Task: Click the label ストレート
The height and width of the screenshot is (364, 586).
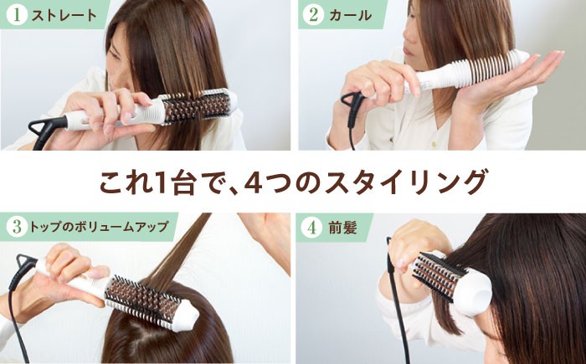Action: click(59, 15)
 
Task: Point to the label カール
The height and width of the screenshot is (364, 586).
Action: click(346, 15)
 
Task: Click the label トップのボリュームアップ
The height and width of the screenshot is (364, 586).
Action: click(100, 227)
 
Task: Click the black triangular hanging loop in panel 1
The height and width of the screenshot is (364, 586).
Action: click(44, 126)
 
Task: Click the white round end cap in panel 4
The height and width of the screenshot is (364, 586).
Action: click(477, 288)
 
